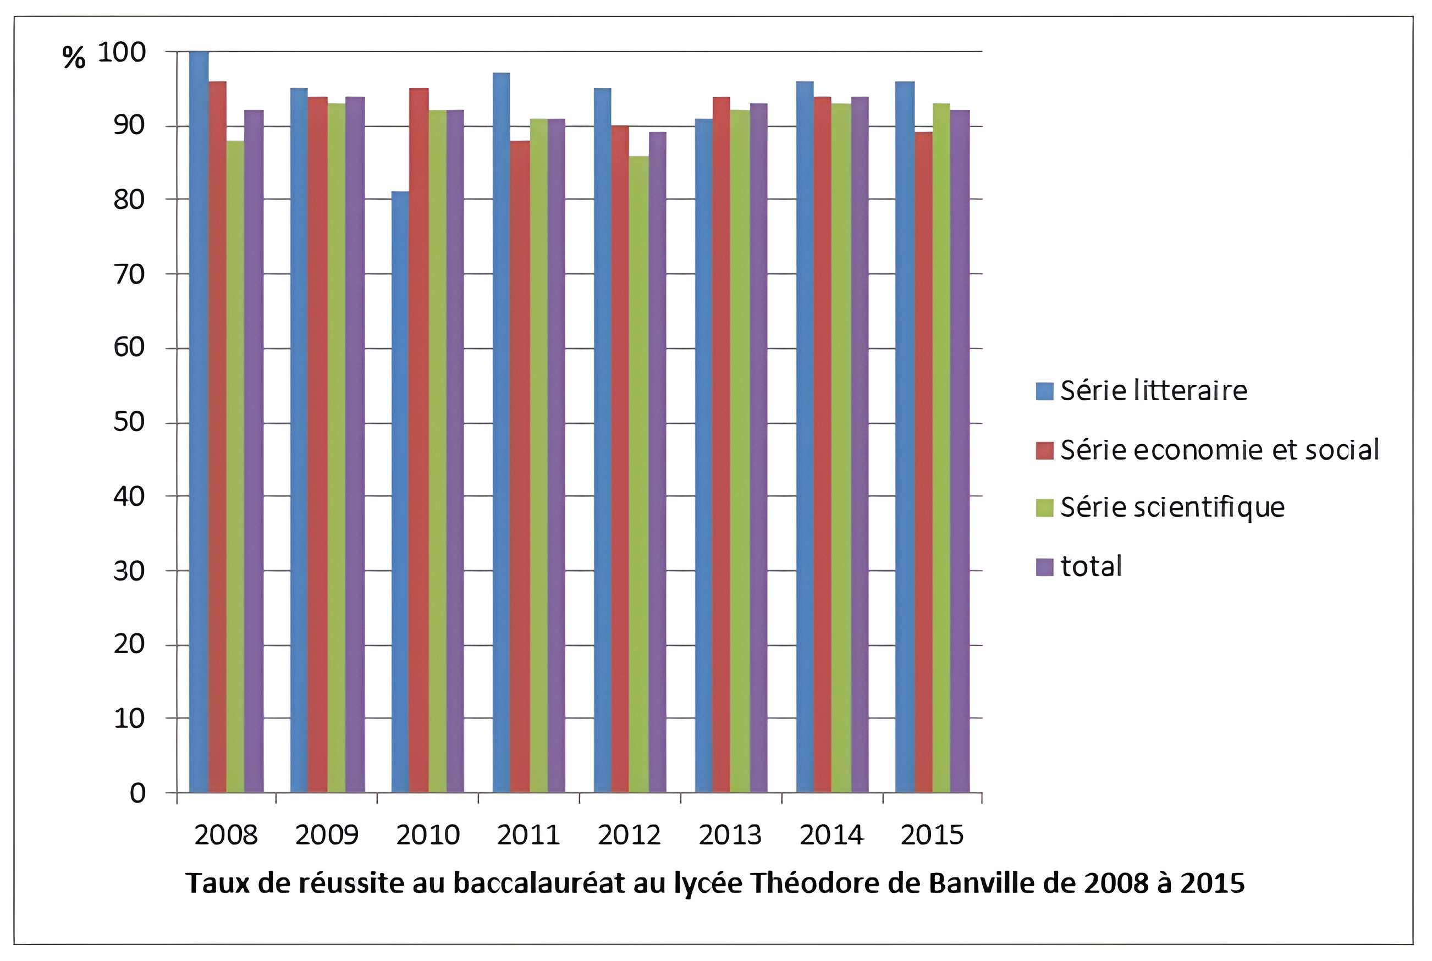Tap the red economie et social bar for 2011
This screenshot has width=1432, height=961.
click(x=519, y=466)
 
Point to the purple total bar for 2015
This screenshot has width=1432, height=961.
click(x=960, y=450)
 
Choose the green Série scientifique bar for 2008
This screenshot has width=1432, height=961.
click(x=235, y=466)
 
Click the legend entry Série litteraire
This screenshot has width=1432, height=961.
click(x=1153, y=391)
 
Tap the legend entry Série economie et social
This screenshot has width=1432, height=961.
click(x=1219, y=450)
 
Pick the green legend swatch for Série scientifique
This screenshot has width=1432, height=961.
click(x=1044, y=507)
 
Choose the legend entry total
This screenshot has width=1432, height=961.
click(x=1091, y=566)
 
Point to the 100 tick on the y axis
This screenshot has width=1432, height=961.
click(x=122, y=52)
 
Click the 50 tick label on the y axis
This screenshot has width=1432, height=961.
click(x=129, y=422)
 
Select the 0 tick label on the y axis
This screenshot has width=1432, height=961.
click(x=137, y=793)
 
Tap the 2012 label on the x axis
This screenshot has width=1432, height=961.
click(x=629, y=835)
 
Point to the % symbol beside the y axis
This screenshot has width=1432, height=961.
click(x=74, y=58)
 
